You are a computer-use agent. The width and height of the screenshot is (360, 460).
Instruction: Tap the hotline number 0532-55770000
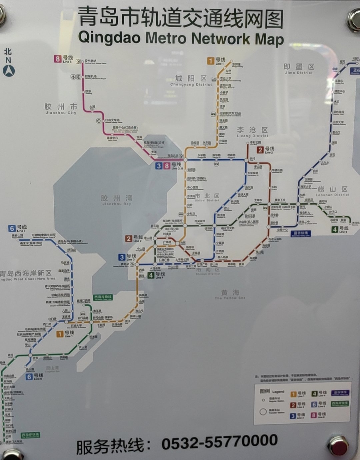[x=219, y=442]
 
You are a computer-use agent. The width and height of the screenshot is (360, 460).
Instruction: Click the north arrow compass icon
[x=9, y=71]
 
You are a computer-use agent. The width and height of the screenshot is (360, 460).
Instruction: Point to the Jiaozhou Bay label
[x=117, y=200]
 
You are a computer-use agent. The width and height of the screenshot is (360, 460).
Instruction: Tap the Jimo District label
[x=299, y=69]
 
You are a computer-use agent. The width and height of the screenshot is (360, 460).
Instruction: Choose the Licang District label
[x=252, y=132]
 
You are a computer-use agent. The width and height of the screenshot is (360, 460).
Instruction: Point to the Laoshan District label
[x=332, y=191]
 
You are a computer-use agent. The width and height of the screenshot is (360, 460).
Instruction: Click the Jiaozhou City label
[x=61, y=109]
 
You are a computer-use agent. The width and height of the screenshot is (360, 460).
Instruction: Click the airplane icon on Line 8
[x=73, y=77]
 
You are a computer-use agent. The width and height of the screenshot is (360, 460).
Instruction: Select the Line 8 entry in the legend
[x=318, y=415]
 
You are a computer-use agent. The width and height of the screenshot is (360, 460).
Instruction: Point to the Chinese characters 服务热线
[x=110, y=446]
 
